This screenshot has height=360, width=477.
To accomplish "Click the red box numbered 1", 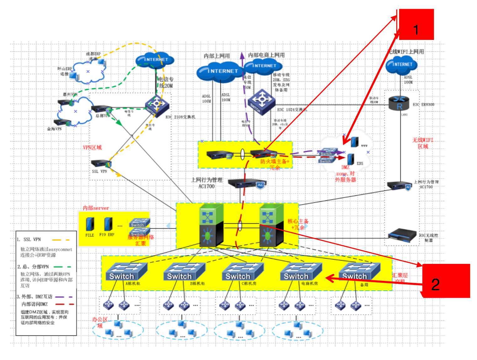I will point(416,25).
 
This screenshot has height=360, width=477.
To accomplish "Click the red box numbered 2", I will point(446,281).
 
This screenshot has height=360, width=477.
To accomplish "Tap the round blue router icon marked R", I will point(399,103).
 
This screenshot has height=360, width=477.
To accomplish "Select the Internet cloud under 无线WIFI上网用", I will point(401,64).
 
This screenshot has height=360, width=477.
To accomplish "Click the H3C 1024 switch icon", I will point(261,102).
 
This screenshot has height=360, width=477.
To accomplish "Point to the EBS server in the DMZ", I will point(351,159).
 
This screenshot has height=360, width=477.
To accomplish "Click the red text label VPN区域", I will point(92,148).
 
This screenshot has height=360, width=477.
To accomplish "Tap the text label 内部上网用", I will point(217,56).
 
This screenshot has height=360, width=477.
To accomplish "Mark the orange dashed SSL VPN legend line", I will point(61,240).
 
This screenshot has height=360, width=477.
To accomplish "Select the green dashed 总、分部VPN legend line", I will point(62,267).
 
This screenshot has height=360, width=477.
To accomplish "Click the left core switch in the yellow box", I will point(212,225).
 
